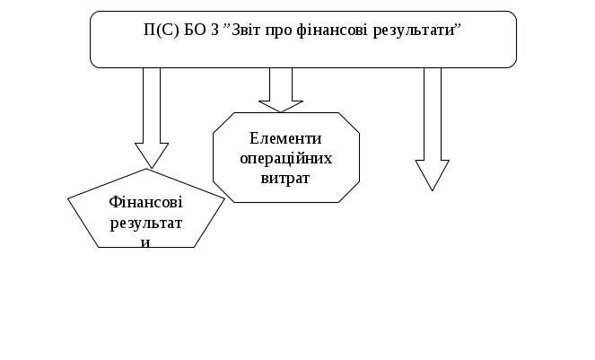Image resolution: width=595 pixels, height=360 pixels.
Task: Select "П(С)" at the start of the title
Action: [162, 31]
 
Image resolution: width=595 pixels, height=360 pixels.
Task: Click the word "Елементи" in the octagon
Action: [286, 139]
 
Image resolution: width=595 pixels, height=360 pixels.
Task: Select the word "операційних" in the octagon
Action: [286, 158]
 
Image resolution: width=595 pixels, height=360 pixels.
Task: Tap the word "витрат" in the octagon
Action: [286, 178]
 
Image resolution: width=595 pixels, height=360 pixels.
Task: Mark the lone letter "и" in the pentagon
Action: [145, 241]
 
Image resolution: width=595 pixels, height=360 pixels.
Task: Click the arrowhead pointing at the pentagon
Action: [152, 154]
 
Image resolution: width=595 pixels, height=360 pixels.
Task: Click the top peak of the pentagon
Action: [146, 171]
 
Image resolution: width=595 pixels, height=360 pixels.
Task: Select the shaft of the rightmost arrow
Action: [433, 112]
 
